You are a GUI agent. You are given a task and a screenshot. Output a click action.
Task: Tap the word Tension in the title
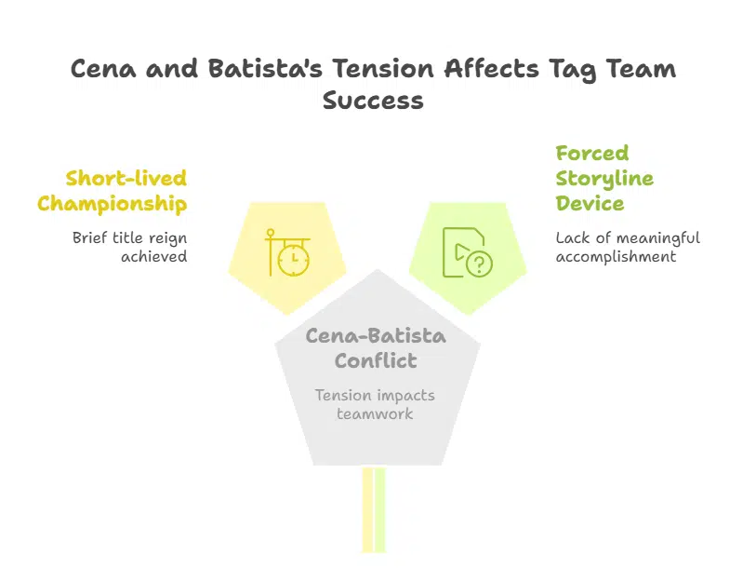383,69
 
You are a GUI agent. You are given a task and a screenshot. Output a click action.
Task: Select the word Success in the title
373,101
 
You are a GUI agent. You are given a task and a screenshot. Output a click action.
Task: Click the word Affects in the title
491,69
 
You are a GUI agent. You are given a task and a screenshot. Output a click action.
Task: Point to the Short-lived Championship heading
113,191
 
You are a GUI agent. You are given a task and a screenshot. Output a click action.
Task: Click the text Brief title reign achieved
129,247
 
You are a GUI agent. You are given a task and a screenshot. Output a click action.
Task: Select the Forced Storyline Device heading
604,178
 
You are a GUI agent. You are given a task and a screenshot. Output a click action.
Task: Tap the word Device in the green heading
590,203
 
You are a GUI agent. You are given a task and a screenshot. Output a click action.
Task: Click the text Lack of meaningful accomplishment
628,247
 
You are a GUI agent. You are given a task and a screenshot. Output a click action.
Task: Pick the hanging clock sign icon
288,252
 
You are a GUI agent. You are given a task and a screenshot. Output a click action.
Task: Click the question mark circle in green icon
479,264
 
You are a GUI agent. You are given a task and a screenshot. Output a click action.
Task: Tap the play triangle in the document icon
461,251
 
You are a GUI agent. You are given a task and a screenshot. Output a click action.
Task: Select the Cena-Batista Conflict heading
376,348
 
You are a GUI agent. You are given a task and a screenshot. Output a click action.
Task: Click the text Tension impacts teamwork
375,404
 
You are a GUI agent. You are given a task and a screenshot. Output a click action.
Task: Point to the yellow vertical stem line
367,509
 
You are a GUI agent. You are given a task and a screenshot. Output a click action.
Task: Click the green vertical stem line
380,509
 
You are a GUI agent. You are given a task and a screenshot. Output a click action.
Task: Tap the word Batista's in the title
265,69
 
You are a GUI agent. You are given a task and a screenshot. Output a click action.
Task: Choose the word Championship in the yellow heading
113,204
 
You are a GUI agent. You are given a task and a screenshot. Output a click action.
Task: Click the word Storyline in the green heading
604,179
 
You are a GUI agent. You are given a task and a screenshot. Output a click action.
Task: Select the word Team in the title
641,69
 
